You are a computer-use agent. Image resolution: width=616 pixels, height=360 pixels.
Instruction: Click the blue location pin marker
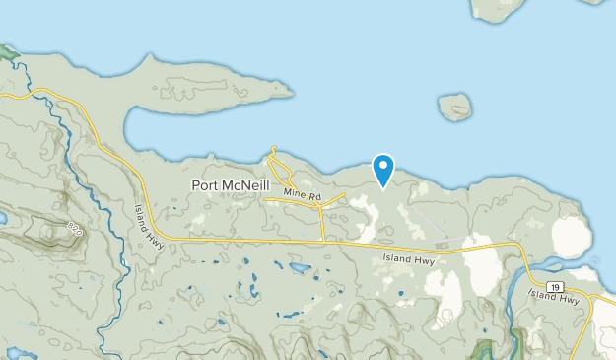[x=381, y=169]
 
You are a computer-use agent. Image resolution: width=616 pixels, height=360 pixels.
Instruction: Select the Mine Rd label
[x=302, y=197]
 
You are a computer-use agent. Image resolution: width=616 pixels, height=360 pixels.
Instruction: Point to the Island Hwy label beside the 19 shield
[x=548, y=294]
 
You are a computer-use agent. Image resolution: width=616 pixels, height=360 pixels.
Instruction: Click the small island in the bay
[x=454, y=107]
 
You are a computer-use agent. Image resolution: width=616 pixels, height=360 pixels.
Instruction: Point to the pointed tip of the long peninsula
[x=292, y=94]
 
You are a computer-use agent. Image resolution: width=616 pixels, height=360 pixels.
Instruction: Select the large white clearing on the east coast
[x=572, y=238]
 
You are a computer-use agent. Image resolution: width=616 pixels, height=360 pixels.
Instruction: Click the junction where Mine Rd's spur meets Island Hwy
[x=324, y=240]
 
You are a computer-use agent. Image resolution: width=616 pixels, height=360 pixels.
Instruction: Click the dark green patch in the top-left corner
[x=8, y=51]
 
